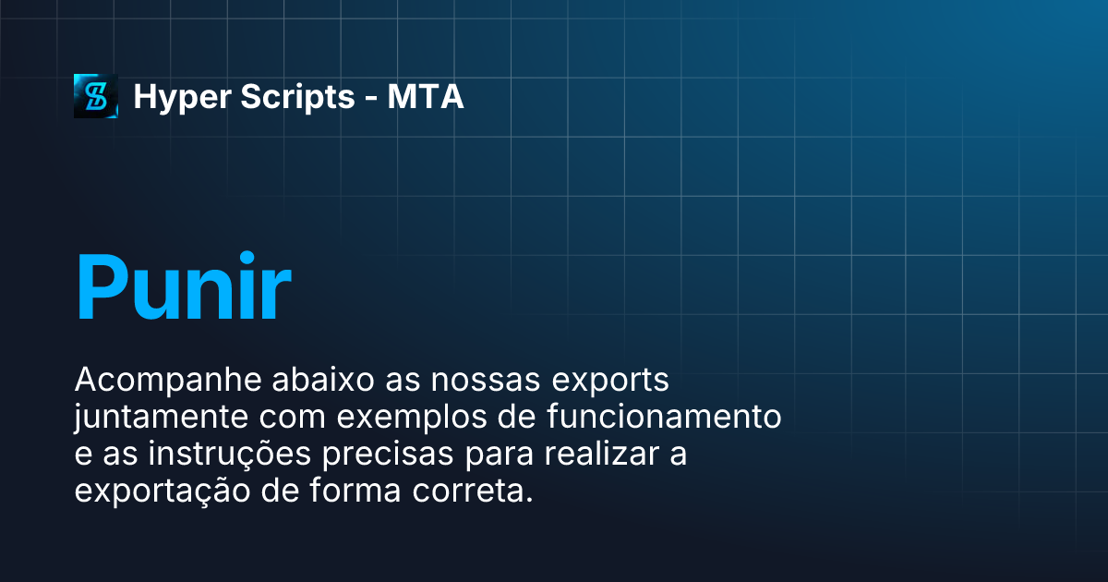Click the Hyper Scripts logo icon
(96, 96)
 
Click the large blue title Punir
(183, 287)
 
